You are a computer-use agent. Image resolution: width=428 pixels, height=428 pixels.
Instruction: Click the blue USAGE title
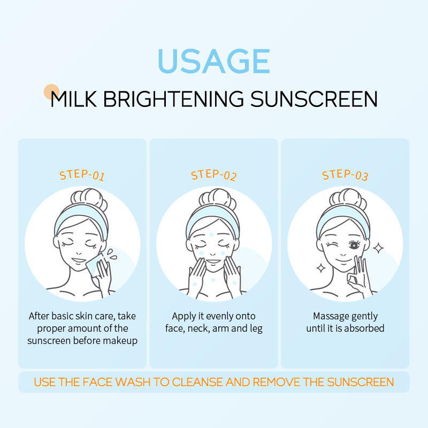click(x=214, y=62)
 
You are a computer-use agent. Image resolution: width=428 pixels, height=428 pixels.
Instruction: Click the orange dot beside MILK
click(x=51, y=91)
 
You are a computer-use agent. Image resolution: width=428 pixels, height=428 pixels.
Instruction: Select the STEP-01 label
click(x=82, y=175)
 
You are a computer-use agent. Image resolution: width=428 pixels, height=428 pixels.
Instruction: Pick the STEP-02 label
click(x=213, y=175)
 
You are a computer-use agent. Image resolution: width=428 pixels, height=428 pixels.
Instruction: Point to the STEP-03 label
click(x=345, y=175)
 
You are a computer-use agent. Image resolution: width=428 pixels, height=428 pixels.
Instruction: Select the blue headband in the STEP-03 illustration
click(x=345, y=214)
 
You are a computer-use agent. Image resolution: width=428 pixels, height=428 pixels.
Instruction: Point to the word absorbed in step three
click(x=364, y=328)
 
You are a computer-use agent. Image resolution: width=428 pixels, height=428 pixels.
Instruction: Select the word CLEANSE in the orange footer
click(x=203, y=382)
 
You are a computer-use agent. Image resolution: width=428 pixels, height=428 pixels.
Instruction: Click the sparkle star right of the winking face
click(x=379, y=247)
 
